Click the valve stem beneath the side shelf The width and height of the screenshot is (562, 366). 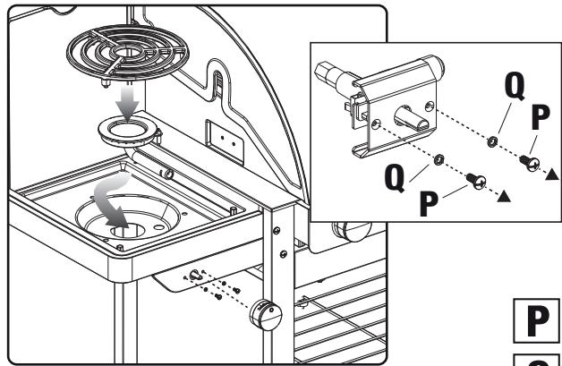(194, 275)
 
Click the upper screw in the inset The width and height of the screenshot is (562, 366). (528, 161)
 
